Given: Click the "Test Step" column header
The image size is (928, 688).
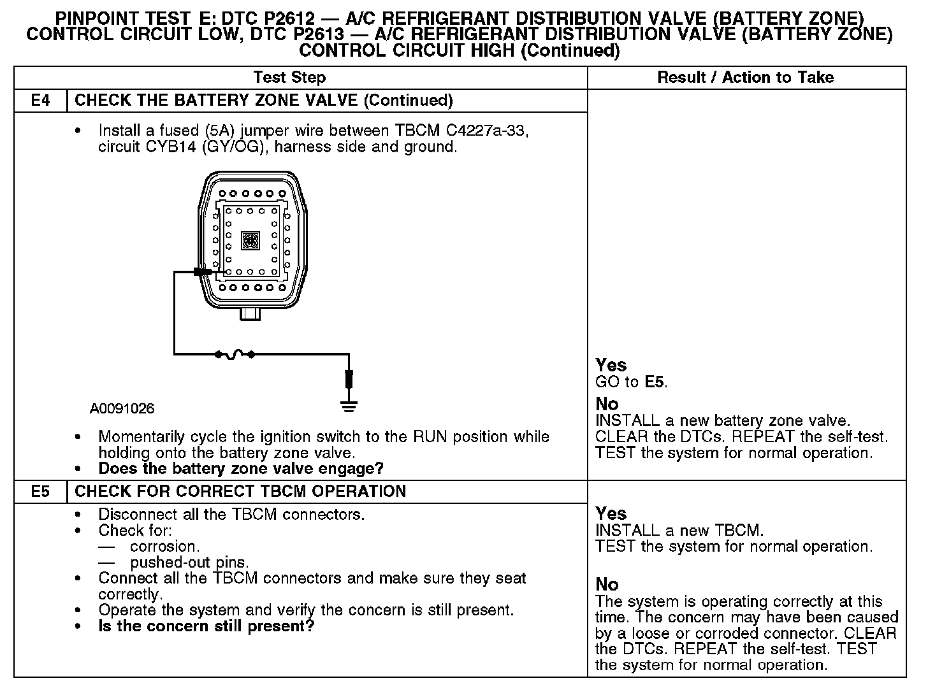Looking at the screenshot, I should [x=289, y=78].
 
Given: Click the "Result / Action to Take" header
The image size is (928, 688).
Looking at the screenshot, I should [x=745, y=78].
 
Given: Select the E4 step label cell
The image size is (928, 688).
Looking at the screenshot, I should [x=40, y=101].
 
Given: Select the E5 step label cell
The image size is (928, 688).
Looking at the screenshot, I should [x=40, y=492].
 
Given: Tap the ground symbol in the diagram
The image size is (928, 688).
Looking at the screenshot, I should [x=349, y=406].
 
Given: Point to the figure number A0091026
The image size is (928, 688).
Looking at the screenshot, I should [x=122, y=408].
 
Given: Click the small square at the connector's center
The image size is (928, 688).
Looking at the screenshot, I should [x=250, y=240].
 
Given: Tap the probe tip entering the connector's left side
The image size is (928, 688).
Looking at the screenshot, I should [x=203, y=272].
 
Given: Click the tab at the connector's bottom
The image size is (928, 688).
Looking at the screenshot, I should [x=250, y=313].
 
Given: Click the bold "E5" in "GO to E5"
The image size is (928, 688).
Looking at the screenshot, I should [x=655, y=382].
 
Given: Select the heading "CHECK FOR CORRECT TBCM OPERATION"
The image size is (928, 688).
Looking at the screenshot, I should [x=240, y=492].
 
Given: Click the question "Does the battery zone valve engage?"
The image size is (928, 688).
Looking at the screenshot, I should [x=241, y=469].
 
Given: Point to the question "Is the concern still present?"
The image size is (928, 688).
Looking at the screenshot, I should [x=207, y=626].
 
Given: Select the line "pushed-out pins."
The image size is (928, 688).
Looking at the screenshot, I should [x=189, y=563].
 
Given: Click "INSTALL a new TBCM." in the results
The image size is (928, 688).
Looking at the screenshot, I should [x=679, y=530].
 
